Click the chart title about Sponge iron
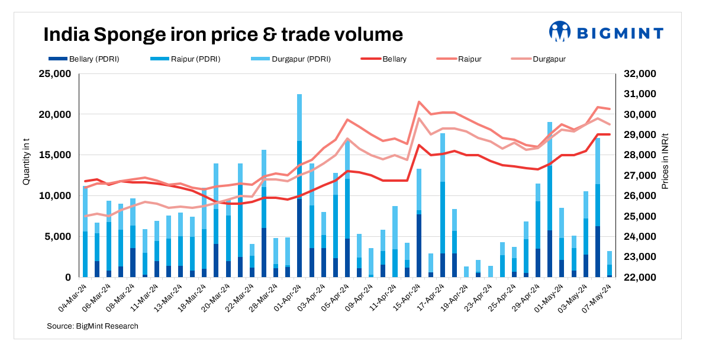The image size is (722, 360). [223, 34]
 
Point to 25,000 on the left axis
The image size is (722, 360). [54, 74]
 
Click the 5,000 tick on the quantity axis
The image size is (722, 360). [58, 237]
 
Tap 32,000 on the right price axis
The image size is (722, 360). [640, 74]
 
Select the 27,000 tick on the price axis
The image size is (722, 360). [640, 176]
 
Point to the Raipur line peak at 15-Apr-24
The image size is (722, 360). [418, 102]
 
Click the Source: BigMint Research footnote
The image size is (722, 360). [93, 326]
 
